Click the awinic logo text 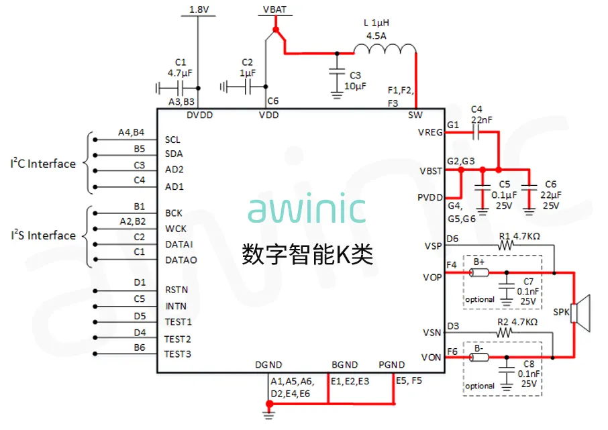click(307, 209)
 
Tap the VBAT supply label click(273, 9)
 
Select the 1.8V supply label click(199, 9)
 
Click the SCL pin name click(172, 140)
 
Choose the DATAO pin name click(181, 260)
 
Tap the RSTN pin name click(176, 290)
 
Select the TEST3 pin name click(178, 354)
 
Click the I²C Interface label click(43, 164)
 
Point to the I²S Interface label click(43, 235)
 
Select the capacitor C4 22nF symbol click(476, 133)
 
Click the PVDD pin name click(430, 197)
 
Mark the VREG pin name click(430, 133)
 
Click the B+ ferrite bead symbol click(480, 273)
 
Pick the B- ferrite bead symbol click(480, 358)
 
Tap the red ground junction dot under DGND click(269, 404)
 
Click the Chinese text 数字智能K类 click(307, 254)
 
